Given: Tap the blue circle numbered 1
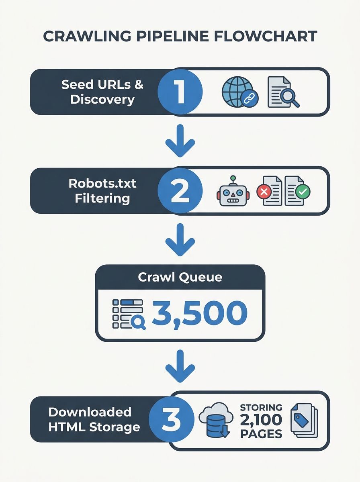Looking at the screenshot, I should [x=180, y=92].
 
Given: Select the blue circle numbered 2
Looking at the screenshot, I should [x=180, y=191].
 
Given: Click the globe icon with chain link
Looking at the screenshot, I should [x=239, y=92].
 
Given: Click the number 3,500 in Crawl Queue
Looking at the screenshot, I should [x=199, y=313].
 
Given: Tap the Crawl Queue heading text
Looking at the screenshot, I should [x=180, y=277].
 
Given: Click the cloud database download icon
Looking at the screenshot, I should [x=215, y=421].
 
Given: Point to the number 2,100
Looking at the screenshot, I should [x=261, y=420].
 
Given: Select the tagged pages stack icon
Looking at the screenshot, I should [x=304, y=421].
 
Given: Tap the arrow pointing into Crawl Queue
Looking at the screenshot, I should [x=180, y=240].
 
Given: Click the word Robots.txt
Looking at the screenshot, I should [x=102, y=184].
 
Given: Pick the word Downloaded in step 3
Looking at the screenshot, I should [x=90, y=412].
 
